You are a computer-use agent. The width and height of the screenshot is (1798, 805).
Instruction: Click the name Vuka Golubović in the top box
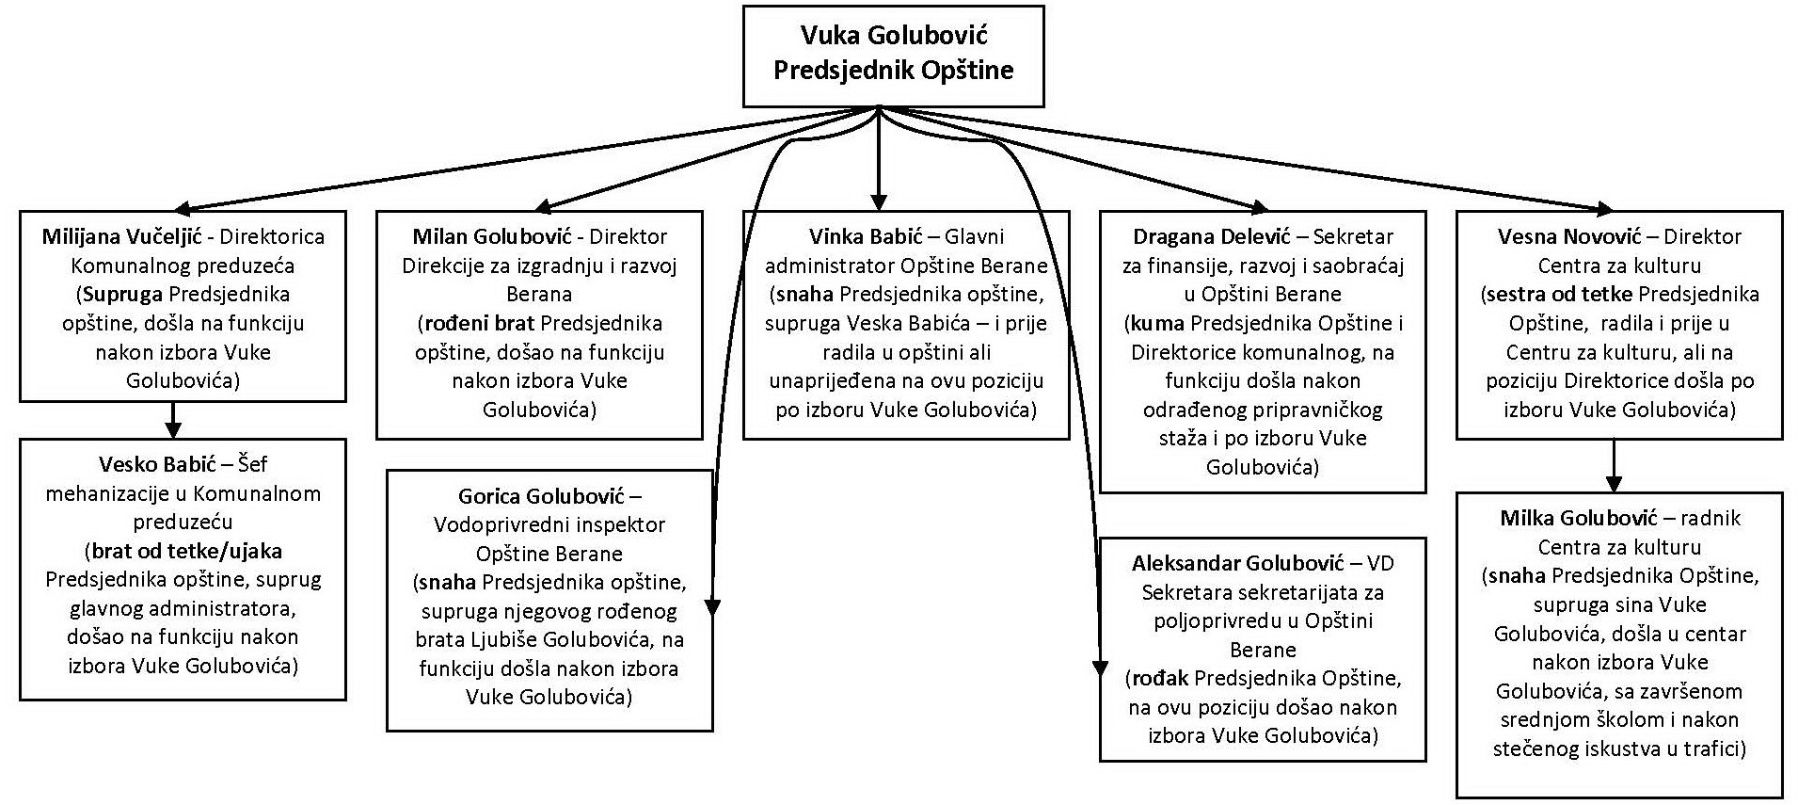tap(893, 36)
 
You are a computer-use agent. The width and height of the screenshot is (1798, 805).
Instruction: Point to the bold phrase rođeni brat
tap(478, 323)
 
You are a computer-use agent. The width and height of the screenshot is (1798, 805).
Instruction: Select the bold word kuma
tap(1157, 323)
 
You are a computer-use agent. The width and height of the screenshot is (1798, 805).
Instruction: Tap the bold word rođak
tap(1160, 678)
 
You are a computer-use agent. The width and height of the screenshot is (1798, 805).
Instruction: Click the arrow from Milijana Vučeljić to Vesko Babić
tap(173, 420)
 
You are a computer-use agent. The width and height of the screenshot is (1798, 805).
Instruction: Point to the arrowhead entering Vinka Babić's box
tap(879, 201)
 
